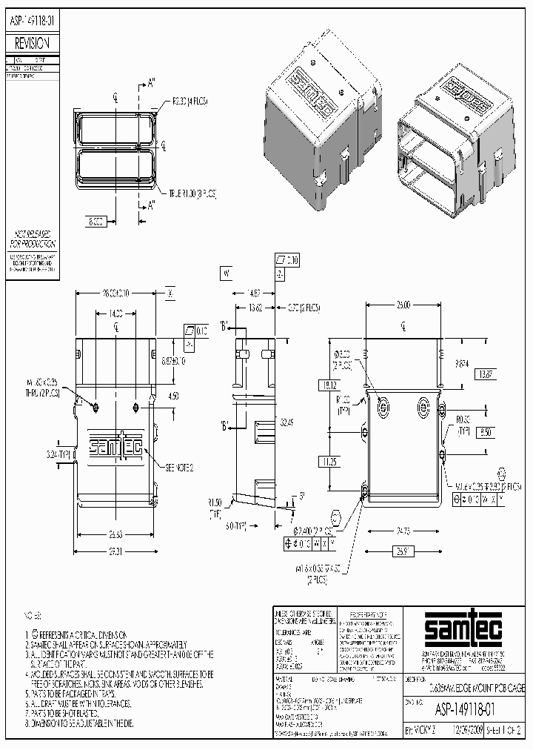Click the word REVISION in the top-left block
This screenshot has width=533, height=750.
click(30, 44)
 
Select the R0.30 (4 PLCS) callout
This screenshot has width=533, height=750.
click(188, 99)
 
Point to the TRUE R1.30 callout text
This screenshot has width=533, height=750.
click(193, 193)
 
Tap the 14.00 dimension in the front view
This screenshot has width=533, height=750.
click(115, 314)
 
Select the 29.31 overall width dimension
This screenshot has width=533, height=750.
click(113, 553)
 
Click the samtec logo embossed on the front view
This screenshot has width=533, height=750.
click(115, 446)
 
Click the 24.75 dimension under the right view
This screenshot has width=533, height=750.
click(403, 531)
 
